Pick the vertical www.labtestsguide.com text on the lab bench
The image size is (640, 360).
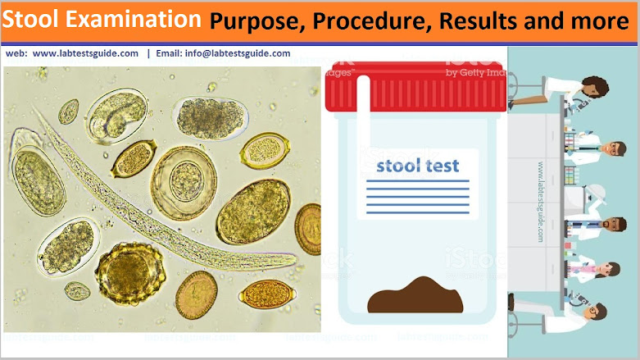click(x=541, y=201)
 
